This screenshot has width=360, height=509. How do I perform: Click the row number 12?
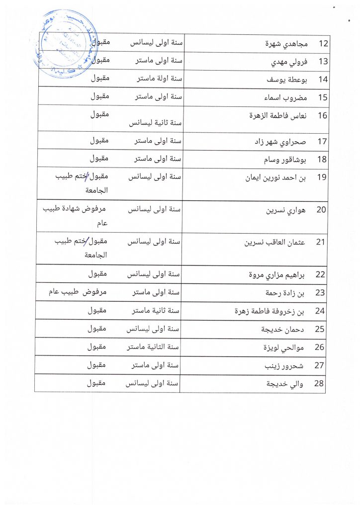[323, 44]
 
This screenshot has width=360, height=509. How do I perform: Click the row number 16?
[322, 115]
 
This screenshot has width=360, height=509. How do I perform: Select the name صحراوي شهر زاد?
[280, 141]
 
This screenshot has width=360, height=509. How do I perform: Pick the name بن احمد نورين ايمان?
[275, 178]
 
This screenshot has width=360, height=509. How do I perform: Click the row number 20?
[322, 209]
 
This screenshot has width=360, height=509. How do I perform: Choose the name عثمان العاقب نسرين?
[274, 243]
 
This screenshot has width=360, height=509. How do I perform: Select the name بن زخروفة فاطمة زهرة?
[269, 311]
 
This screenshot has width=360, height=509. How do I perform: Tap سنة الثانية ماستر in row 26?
[155, 347]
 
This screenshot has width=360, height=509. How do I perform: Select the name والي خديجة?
[285, 384]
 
